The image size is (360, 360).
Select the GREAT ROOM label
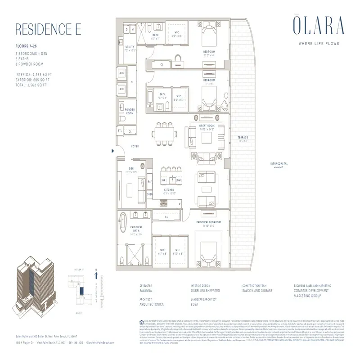click(x=207, y=126)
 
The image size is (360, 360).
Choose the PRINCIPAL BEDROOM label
click(x=208, y=223)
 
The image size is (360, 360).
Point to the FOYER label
click(x=135, y=146)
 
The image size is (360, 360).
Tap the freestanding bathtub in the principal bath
click(x=122, y=224)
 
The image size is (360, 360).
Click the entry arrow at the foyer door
click(x=113, y=152)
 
